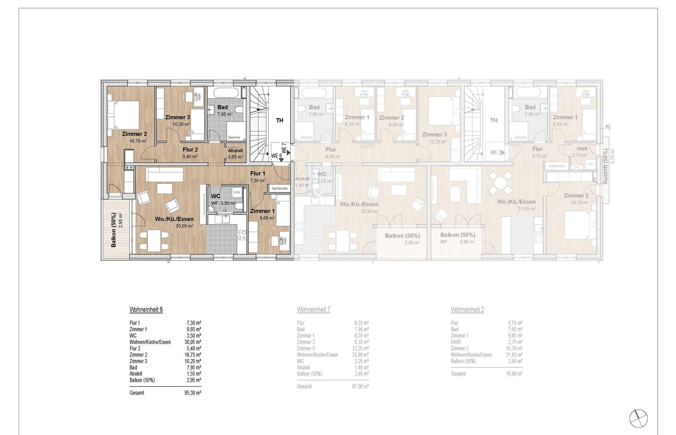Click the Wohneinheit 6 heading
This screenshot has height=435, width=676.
click(146, 310)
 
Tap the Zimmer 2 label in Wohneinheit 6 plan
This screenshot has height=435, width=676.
click(134, 134)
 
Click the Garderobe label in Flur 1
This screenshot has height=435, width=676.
click(280, 188)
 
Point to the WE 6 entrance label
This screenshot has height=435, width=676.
click(276, 156)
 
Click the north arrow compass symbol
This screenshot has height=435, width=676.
click(638, 419)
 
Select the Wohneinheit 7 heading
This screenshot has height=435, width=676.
click(313, 310)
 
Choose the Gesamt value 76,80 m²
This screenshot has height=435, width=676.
click(514, 374)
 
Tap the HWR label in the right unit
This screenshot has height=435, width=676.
click(582, 149)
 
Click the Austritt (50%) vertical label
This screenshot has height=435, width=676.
click(605, 166)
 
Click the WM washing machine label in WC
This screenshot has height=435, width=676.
click(237, 192)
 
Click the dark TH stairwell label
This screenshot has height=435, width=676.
click(280, 120)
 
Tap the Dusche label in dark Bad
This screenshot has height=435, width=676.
click(234, 137)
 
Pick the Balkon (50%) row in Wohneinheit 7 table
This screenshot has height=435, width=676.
click(309, 374)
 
